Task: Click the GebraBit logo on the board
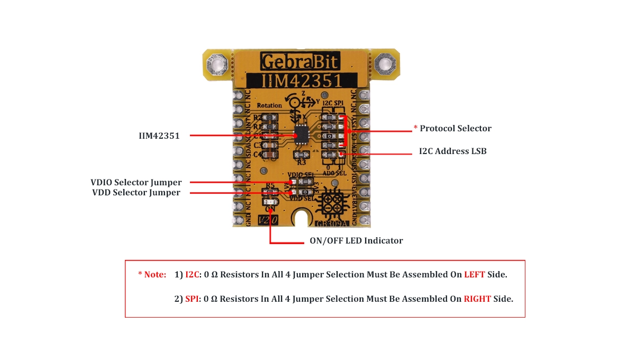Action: click(x=299, y=59)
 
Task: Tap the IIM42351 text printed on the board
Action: click(x=299, y=80)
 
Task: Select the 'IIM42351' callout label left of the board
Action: click(x=156, y=136)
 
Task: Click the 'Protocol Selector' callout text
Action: click(x=455, y=129)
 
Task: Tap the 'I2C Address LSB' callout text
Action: click(x=452, y=151)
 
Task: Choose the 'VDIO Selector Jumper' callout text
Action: click(x=136, y=183)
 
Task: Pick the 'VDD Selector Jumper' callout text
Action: click(x=136, y=193)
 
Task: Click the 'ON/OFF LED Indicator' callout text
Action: click(x=356, y=241)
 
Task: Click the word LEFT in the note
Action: click(x=475, y=275)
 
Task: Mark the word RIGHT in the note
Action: click(x=477, y=299)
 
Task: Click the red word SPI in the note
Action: click(x=192, y=299)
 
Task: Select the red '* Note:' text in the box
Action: click(x=152, y=275)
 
